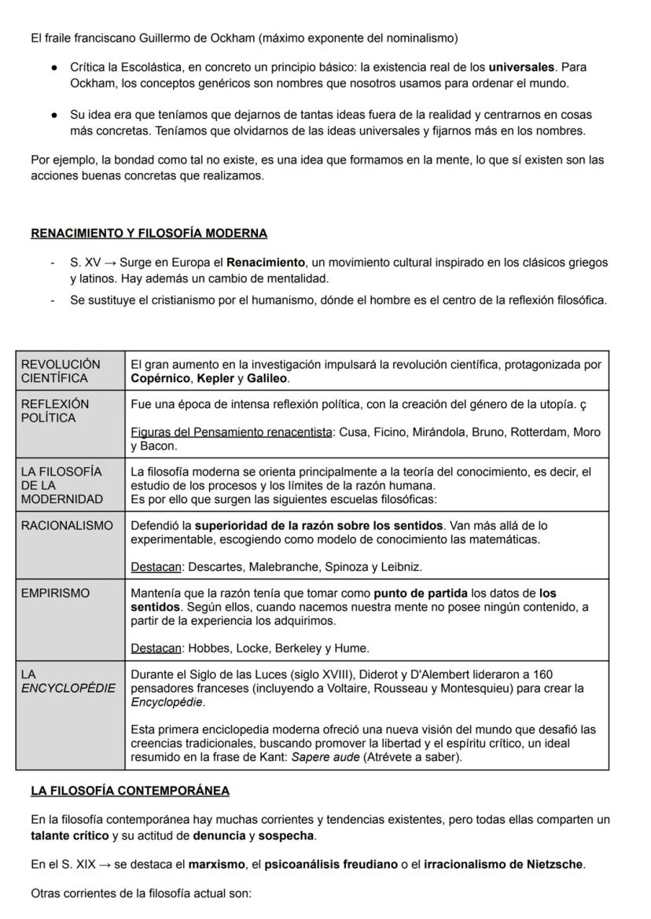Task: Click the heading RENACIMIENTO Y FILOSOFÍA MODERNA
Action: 149,233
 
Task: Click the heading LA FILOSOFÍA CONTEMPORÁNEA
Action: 130,790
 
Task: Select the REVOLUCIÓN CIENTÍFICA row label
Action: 61,371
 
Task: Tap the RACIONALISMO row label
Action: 67,525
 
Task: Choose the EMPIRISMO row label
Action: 55,593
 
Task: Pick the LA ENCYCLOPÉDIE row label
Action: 68,682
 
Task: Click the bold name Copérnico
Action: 160,378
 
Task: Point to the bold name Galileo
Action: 267,378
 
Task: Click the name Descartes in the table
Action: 216,566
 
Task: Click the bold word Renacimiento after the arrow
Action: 266,262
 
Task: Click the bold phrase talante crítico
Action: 69,835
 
